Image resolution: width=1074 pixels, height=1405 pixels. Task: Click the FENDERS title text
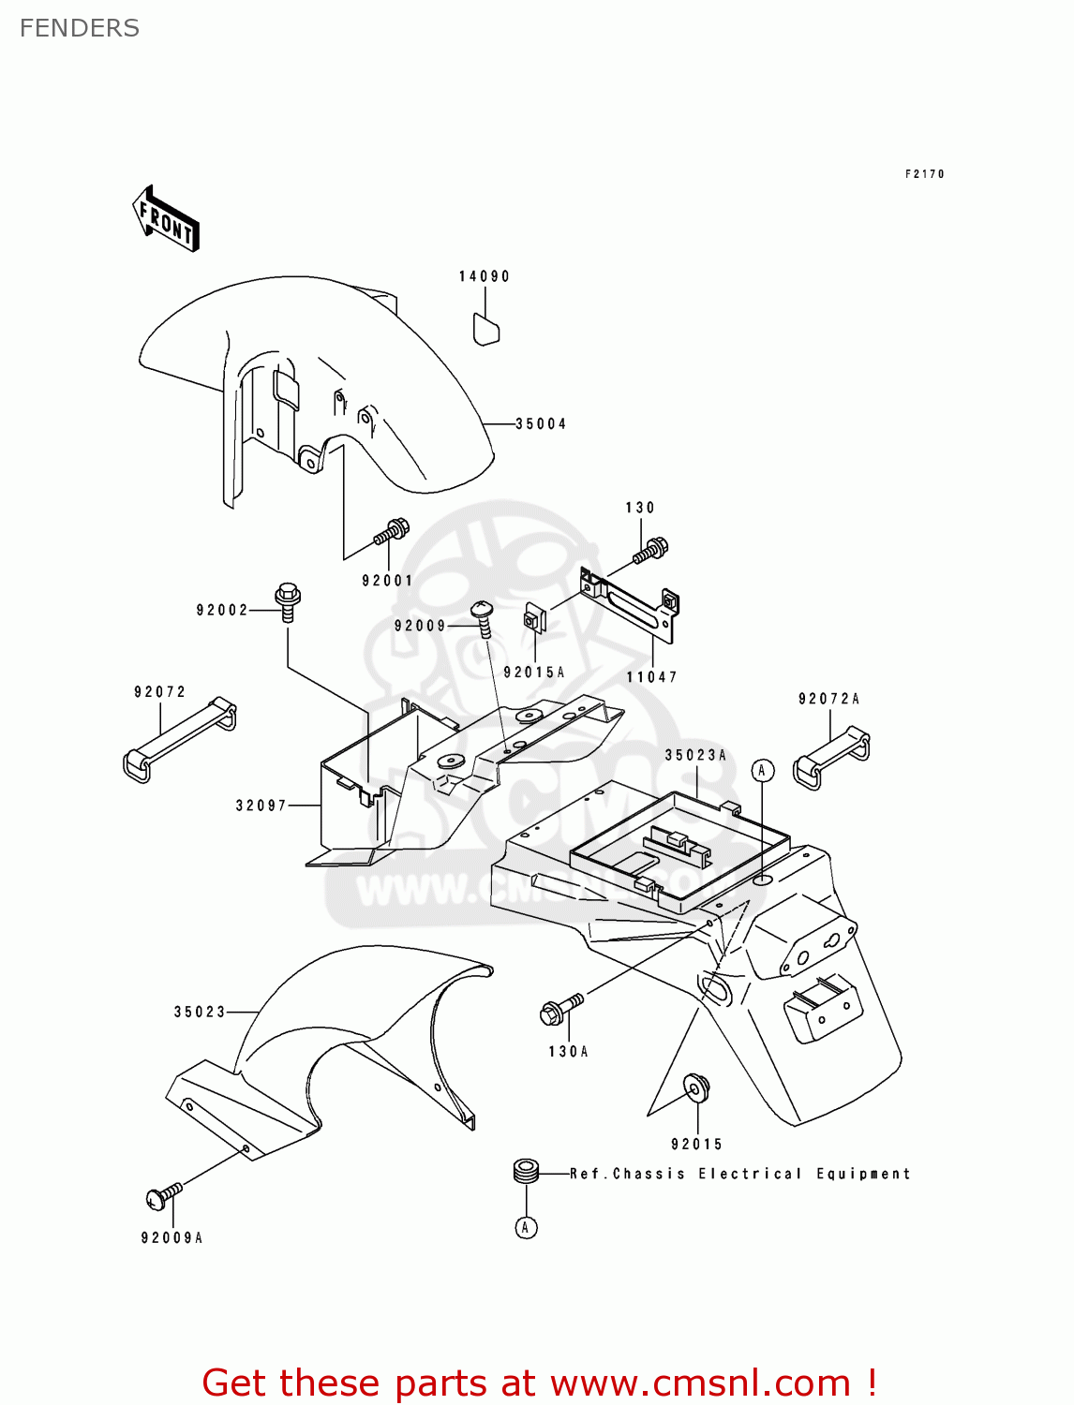point(80,28)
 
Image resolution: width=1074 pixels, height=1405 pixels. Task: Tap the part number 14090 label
point(485,276)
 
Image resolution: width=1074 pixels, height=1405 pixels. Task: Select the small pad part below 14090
point(485,330)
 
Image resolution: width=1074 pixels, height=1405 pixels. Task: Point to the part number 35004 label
point(542,424)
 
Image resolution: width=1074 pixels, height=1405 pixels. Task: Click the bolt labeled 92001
point(391,532)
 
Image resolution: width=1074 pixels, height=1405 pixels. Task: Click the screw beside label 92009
point(484,617)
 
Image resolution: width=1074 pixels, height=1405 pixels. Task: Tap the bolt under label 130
point(650,550)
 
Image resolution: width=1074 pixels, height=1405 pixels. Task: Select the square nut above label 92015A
point(533,619)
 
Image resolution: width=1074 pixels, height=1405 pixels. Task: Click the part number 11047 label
point(652,677)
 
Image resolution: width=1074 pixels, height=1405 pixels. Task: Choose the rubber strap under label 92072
point(179,740)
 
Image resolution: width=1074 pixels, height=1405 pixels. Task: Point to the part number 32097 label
point(261,806)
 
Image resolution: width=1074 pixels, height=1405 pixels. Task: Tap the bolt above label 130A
point(560,1009)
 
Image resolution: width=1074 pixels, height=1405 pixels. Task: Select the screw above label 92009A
point(163,1196)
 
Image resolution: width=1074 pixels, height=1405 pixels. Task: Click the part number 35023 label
point(200,1012)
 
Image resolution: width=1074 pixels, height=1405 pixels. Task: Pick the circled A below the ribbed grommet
point(527,1227)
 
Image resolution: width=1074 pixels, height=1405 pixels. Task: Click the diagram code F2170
point(925,174)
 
